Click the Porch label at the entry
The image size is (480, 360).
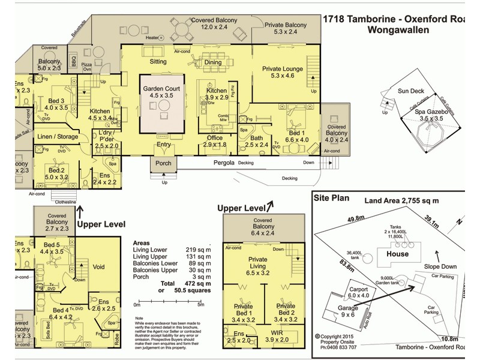pyautogui.click(x=163, y=163)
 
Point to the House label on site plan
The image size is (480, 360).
pyautogui.click(x=397, y=254)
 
